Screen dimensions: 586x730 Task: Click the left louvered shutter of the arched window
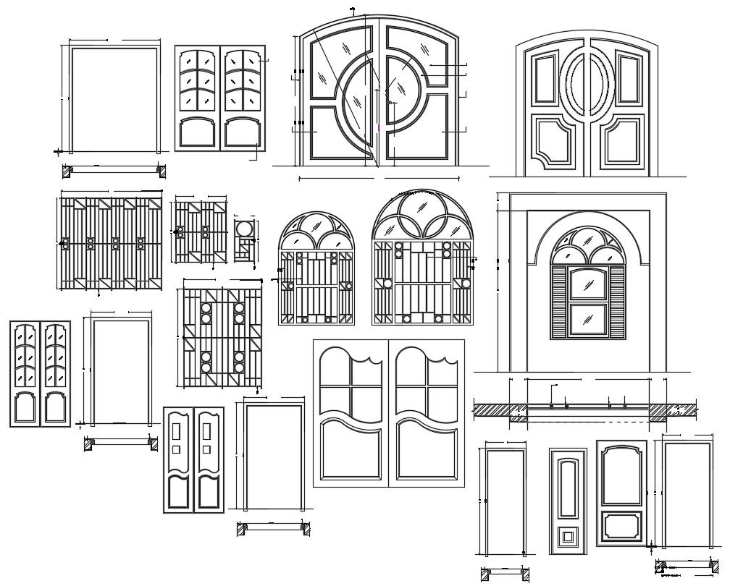pos(559,302)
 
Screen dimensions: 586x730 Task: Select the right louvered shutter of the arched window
pos(616,302)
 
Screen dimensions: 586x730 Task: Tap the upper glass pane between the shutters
pos(587,282)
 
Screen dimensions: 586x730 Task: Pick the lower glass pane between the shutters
pos(587,322)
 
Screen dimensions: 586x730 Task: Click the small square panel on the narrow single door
pos(567,537)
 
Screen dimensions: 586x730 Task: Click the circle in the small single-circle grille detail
pos(245,229)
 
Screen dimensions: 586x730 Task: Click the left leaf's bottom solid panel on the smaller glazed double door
pos(25,408)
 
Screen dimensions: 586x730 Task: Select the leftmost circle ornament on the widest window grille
pos(65,244)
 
